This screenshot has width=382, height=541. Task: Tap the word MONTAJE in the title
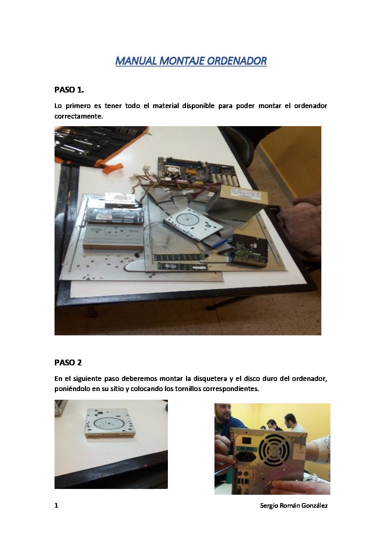(182, 61)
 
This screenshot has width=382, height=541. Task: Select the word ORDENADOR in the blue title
(237, 61)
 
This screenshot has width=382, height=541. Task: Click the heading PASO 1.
(69, 90)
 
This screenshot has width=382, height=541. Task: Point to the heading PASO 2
(68, 362)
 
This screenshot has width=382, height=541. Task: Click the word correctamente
(79, 116)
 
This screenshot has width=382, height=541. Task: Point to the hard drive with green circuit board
(250, 250)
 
